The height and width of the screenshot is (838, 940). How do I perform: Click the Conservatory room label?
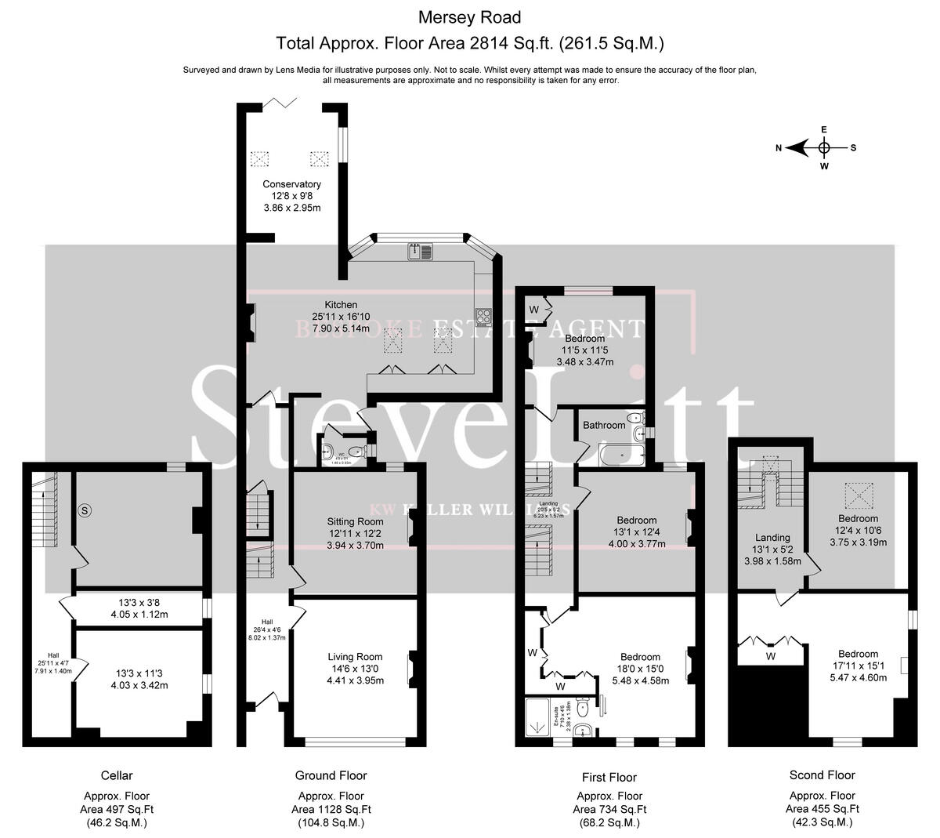pos(291,184)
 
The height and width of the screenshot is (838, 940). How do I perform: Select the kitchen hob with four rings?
pos(484,317)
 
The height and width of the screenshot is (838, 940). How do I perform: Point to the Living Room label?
pos(355,657)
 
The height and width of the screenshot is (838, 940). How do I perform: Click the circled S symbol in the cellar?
pos(85,510)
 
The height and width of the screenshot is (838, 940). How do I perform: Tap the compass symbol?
pos(823,147)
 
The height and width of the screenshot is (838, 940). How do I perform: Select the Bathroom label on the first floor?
pos(603,425)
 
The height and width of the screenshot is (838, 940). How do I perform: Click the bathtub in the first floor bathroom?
pos(619,452)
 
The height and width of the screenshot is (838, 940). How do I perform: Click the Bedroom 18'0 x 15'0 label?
pos(640,657)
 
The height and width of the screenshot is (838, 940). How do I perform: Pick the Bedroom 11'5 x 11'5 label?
pos(584,339)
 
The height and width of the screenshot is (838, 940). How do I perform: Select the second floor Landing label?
pos(772,538)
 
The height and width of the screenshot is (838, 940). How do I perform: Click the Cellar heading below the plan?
pos(117,775)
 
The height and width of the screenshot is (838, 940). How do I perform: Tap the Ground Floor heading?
pos(331,775)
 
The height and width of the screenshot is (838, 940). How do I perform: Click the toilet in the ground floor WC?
pos(356,451)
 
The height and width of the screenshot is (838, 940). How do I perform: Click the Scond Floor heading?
pos(822,775)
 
